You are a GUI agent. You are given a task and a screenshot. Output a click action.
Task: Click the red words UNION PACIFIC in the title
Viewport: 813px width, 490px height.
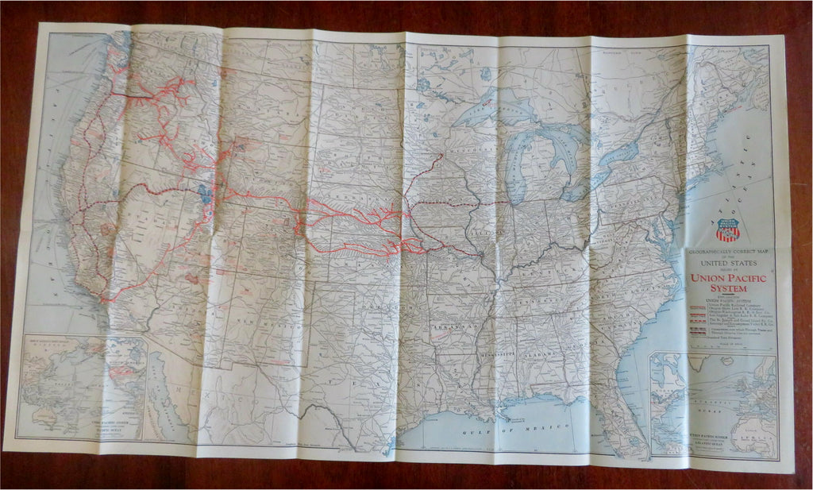(x=728, y=278)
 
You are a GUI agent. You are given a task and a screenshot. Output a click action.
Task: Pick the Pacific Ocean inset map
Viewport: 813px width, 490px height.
(x=83, y=388)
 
